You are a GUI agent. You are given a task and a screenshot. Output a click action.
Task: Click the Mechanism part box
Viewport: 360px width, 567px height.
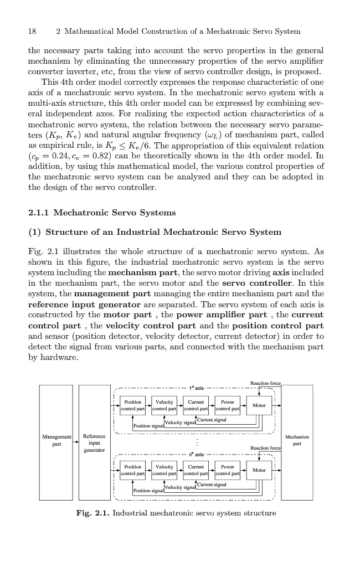pos(297,441)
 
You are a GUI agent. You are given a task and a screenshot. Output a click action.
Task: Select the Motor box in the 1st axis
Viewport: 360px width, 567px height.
pos(259,405)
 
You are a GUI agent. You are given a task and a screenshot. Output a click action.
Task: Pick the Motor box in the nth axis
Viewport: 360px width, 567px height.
pos(259,470)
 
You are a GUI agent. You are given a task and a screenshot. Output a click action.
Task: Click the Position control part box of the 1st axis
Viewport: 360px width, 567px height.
pos(133,405)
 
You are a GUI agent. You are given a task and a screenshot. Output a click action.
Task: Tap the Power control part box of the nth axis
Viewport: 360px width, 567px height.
pos(227,470)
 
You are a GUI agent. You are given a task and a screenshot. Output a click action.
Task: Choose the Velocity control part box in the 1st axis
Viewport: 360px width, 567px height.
pos(164,405)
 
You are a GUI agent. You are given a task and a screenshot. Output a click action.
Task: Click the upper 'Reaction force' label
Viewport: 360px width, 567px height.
pos(266,383)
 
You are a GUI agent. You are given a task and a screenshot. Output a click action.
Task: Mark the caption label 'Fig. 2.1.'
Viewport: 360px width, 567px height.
pos(92,513)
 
